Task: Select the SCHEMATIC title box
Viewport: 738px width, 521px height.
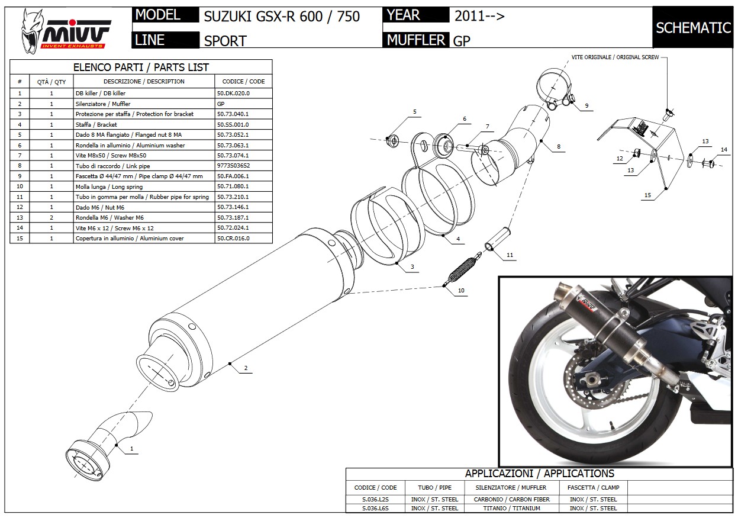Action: coord(692,28)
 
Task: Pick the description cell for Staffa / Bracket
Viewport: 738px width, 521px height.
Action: coord(144,124)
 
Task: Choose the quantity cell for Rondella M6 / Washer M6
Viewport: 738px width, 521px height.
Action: coord(51,217)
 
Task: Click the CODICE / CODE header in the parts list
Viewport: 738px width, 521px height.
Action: coord(243,82)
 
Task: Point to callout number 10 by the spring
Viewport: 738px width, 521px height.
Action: coord(462,291)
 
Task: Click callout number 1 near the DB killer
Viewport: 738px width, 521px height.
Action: coord(131,449)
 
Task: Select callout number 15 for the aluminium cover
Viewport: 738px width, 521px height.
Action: coord(648,195)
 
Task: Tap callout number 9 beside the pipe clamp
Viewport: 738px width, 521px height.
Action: coord(586,106)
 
